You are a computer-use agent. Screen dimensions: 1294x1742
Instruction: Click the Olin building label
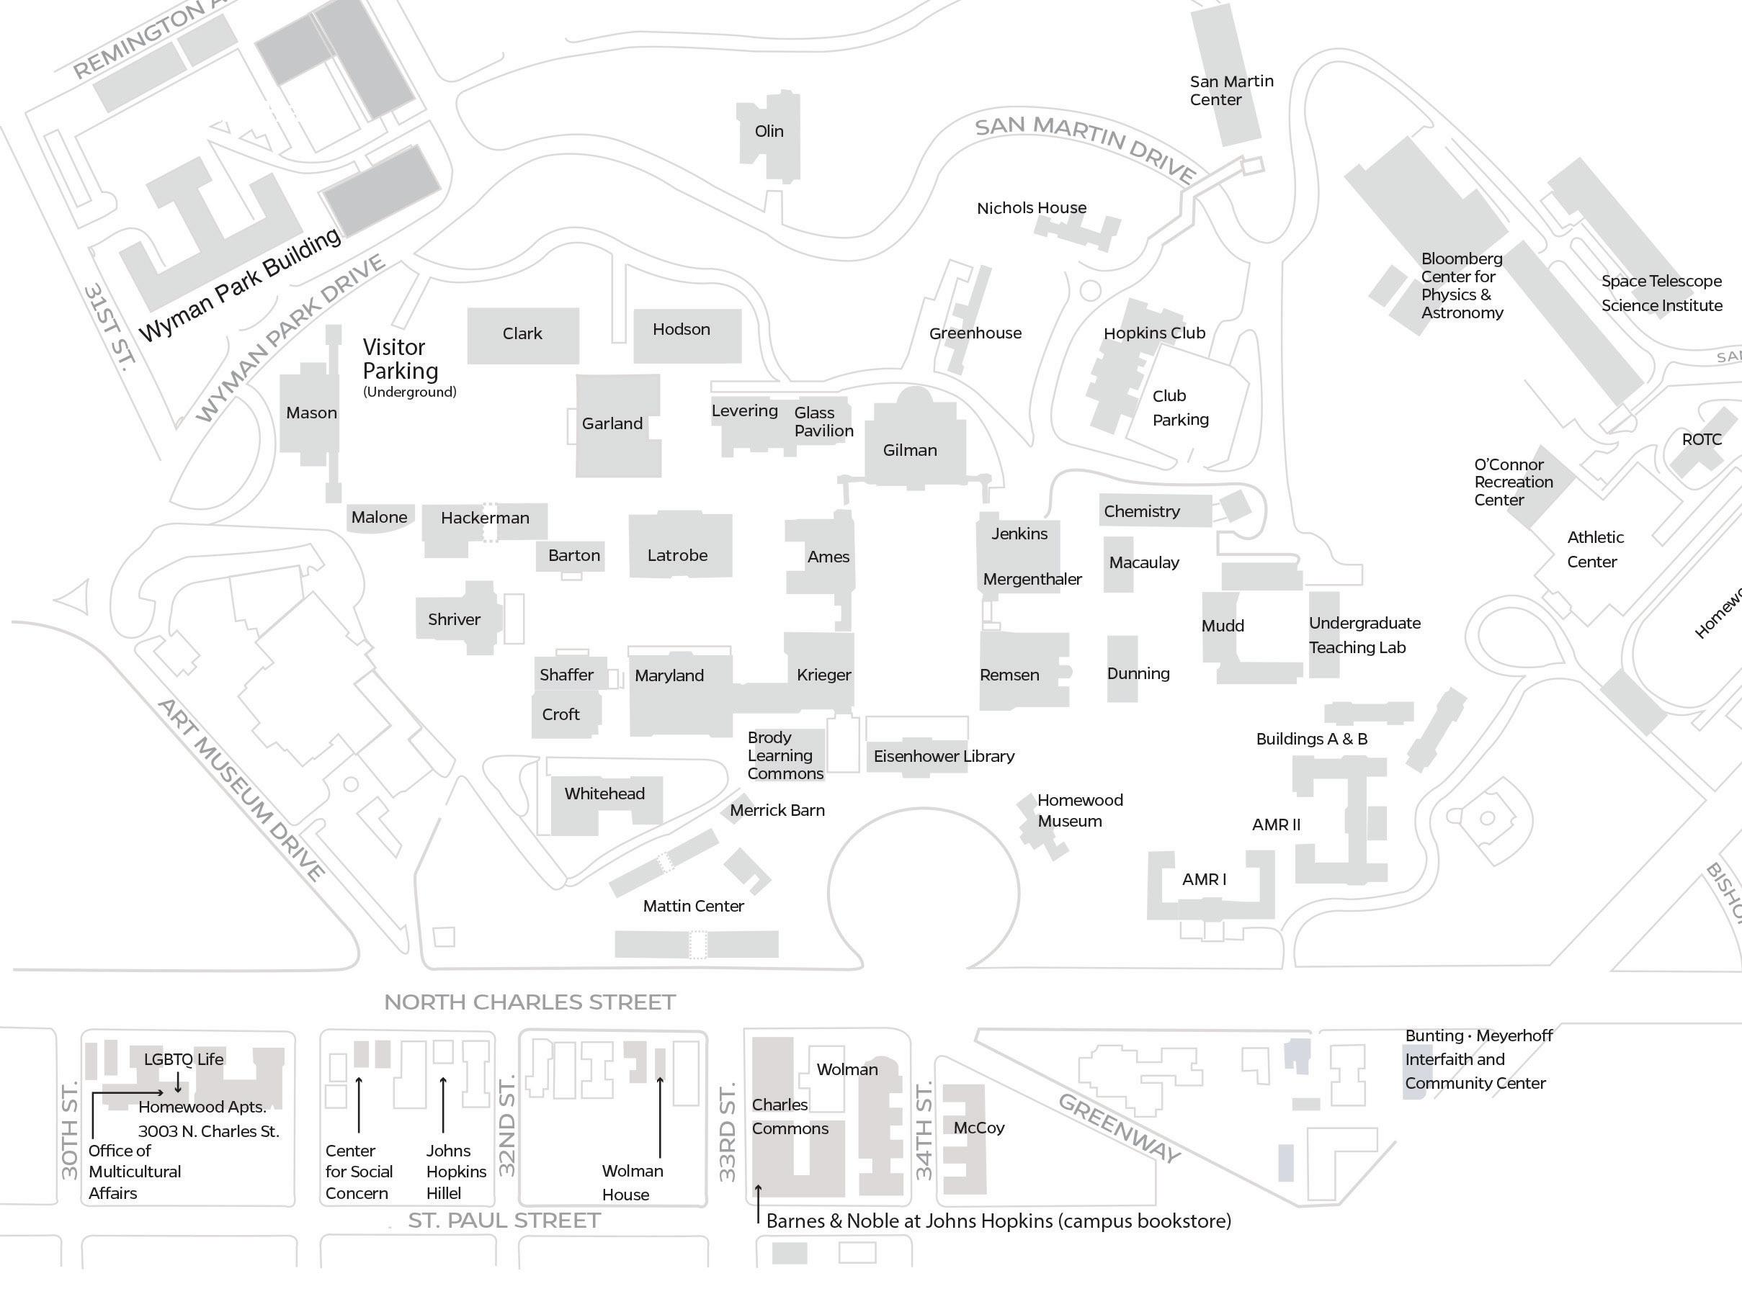click(769, 131)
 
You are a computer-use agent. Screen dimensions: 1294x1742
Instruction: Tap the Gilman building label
click(910, 449)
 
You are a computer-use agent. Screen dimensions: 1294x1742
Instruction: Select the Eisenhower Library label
click(944, 756)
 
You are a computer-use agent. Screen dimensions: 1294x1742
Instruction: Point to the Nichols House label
click(1031, 207)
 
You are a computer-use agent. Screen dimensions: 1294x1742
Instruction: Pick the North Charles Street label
click(530, 1002)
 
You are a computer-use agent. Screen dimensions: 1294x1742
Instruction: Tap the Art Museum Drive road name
click(241, 789)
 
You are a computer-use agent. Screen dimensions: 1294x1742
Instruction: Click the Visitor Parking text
click(401, 359)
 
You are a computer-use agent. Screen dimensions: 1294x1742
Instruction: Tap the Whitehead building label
click(604, 794)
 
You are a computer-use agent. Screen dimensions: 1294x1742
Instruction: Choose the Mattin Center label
click(694, 905)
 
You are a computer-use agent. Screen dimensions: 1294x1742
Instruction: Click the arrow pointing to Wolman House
click(660, 1116)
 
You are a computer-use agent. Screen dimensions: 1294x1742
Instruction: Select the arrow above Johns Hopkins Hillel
click(443, 1105)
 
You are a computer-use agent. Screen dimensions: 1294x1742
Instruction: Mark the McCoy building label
click(979, 1127)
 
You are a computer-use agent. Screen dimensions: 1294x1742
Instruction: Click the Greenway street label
click(1118, 1127)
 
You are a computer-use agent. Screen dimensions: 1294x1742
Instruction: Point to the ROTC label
click(1701, 439)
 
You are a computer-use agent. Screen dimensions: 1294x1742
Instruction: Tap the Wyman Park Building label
click(240, 284)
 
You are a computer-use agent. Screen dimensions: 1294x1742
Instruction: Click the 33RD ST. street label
click(727, 1132)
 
